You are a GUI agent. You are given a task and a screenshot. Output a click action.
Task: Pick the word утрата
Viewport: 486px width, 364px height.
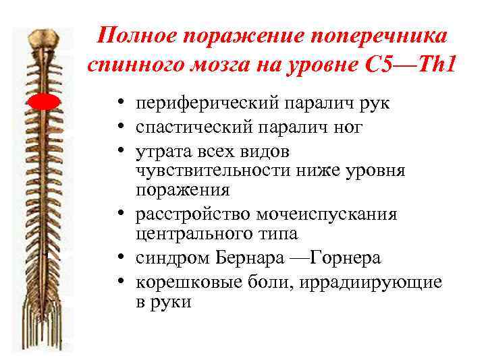163,149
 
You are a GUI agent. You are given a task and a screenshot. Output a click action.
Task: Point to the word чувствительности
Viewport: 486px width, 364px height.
213,170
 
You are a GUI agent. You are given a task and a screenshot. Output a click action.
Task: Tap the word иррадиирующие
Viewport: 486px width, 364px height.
366,280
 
